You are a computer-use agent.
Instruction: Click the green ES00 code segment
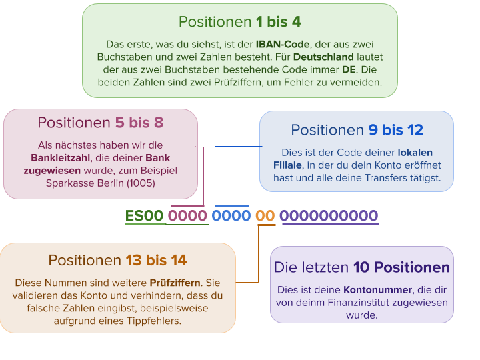(145, 216)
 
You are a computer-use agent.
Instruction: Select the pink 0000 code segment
(187, 216)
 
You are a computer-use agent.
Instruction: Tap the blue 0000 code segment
(231, 216)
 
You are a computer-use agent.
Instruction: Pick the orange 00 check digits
(265, 216)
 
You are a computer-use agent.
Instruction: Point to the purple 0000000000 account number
(329, 216)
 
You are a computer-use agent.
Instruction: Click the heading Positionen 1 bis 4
(240, 22)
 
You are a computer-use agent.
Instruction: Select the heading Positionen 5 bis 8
(101, 123)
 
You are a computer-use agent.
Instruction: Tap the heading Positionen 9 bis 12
(357, 130)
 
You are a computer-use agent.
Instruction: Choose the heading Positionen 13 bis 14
(117, 260)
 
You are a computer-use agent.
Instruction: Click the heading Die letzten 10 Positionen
(361, 267)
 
